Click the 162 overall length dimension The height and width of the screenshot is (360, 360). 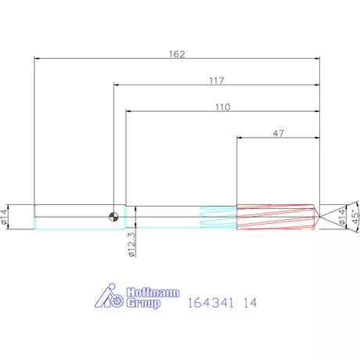pos(177,55)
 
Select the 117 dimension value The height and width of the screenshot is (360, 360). pos(217,81)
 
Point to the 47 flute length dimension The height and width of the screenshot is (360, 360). pos(278,134)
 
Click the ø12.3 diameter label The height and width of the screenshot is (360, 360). pos(132,243)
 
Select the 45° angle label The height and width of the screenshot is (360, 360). pos(353,216)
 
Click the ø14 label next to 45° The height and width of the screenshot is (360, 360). pos(341,217)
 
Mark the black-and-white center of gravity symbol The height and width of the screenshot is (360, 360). pos(114,216)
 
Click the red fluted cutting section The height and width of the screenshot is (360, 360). pos(274,217)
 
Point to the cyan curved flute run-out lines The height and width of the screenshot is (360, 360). pos(218,218)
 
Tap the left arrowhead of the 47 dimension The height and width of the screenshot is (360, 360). pos(239,139)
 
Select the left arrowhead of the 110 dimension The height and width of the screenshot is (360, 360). pos(128,112)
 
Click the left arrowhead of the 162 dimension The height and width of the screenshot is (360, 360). pos(37,58)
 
